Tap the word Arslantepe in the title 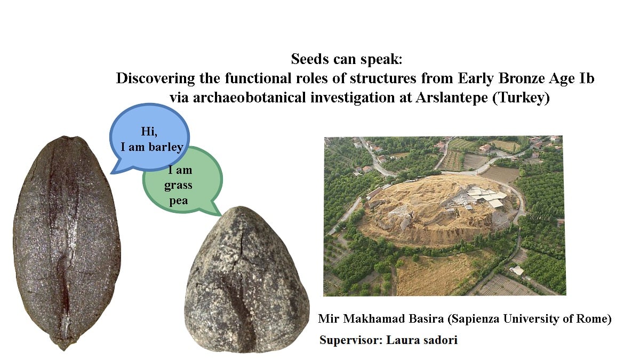tap(452, 98)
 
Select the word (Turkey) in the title tap(521, 98)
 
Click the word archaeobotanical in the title tap(249, 98)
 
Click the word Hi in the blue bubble tap(149, 132)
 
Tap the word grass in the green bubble tap(178, 186)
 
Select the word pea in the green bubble tap(179, 201)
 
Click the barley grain tap(67, 243)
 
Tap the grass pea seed tap(246, 280)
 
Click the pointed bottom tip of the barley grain tap(64, 350)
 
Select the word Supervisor tap(351, 340)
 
